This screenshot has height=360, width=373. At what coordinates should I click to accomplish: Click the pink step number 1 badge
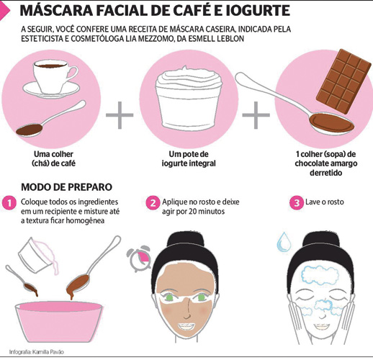point(9,203)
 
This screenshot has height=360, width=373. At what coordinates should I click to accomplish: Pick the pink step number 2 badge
point(153,203)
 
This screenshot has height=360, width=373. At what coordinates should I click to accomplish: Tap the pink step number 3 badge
point(297,203)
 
